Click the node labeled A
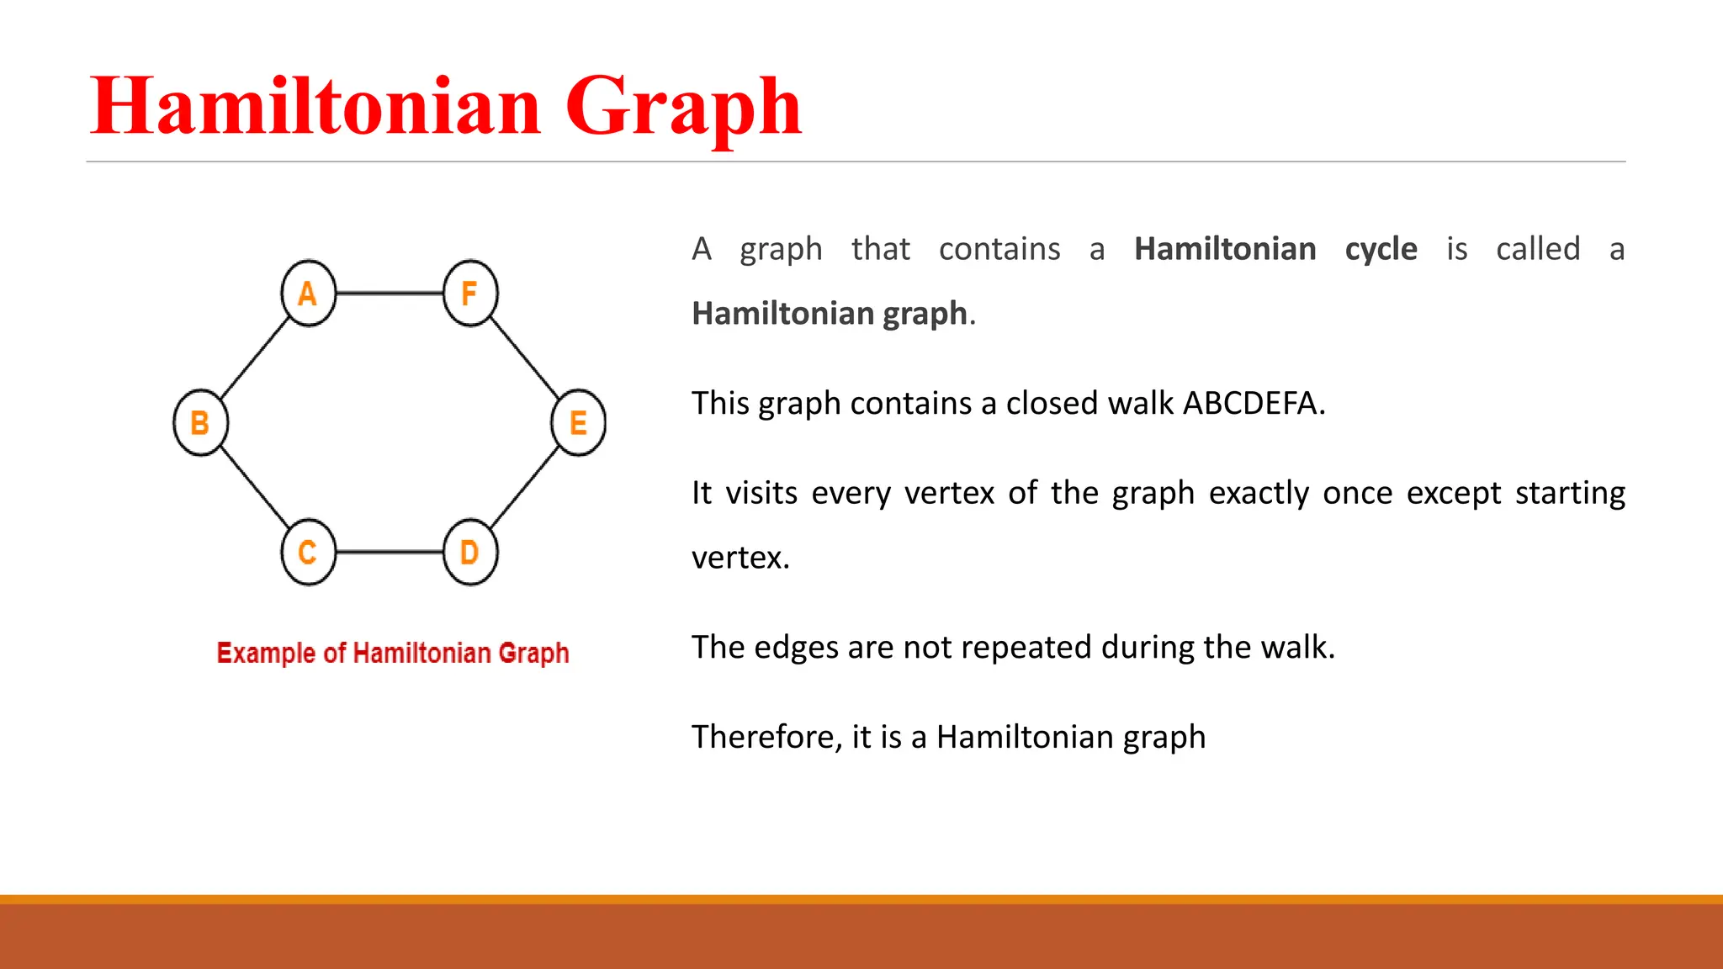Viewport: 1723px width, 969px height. [308, 293]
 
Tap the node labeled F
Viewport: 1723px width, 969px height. [470, 293]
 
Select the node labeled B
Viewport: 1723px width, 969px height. [200, 422]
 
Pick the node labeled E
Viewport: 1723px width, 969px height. [578, 422]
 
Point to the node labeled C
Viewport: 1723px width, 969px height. [308, 552]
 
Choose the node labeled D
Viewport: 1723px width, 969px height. [470, 552]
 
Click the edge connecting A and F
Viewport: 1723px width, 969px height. [389, 293]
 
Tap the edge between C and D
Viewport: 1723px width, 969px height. [389, 552]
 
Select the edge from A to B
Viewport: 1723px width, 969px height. [254, 357]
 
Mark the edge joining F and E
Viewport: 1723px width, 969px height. [524, 357]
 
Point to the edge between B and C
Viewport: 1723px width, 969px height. [254, 487]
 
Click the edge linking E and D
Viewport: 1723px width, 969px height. [524, 487]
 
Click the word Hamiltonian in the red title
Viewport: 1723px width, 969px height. [315, 106]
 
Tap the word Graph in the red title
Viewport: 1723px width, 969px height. [683, 108]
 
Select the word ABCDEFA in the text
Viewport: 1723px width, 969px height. [1254, 404]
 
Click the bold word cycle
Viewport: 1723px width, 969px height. [1381, 250]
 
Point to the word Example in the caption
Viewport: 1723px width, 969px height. [266, 654]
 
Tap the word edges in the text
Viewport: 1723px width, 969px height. [797, 648]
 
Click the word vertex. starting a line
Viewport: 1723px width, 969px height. [740, 558]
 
